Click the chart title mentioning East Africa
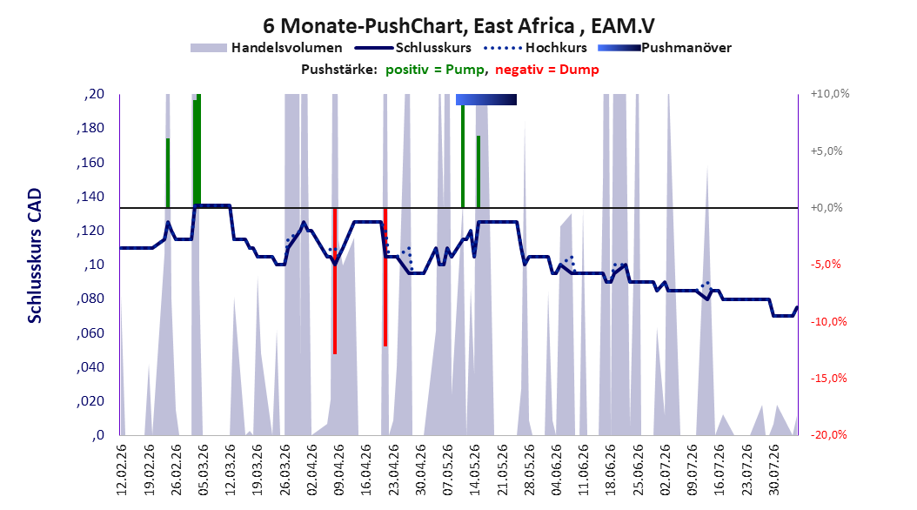(458, 26)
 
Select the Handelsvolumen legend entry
(266, 48)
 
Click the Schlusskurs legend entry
(413, 48)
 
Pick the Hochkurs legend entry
(535, 48)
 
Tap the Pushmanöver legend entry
(665, 48)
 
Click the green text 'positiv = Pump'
(435, 70)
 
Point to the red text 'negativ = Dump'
(547, 70)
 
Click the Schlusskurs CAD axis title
(35, 255)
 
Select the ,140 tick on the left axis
(90, 197)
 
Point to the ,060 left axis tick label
(90, 333)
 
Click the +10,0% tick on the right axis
(829, 94)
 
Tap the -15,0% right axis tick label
(828, 379)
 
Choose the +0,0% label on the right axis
(826, 208)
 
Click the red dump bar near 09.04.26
(334, 281)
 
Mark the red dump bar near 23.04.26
(385, 278)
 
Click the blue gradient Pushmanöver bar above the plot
(486, 99)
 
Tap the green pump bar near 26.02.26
(168, 173)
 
